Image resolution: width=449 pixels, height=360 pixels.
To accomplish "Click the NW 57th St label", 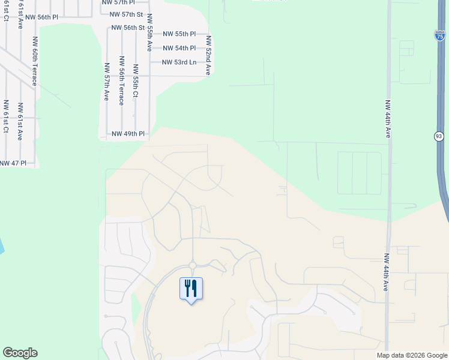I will pyautogui.click(x=127, y=14).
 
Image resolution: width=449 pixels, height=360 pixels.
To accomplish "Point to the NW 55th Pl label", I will pyautogui.click(x=179, y=34).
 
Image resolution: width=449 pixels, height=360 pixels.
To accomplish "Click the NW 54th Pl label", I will pyautogui.click(x=179, y=48).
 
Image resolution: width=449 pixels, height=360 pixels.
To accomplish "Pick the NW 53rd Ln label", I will pyautogui.click(x=179, y=62).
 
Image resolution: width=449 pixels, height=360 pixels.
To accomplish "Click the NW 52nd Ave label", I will pyautogui.click(x=208, y=55).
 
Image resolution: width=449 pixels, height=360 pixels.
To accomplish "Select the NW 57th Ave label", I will pyautogui.click(x=107, y=82).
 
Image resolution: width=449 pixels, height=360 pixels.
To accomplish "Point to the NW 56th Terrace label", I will pyautogui.click(x=121, y=80).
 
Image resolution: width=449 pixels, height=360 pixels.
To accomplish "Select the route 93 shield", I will pyautogui.click(x=439, y=137).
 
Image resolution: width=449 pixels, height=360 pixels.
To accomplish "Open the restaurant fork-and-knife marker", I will pyautogui.click(x=191, y=289).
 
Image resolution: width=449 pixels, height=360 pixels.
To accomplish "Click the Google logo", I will pyautogui.click(x=20, y=353).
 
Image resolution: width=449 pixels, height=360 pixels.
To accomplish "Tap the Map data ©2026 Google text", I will pyautogui.click(x=411, y=355).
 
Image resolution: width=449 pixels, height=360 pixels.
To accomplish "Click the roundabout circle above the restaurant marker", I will pyautogui.click(x=193, y=265).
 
